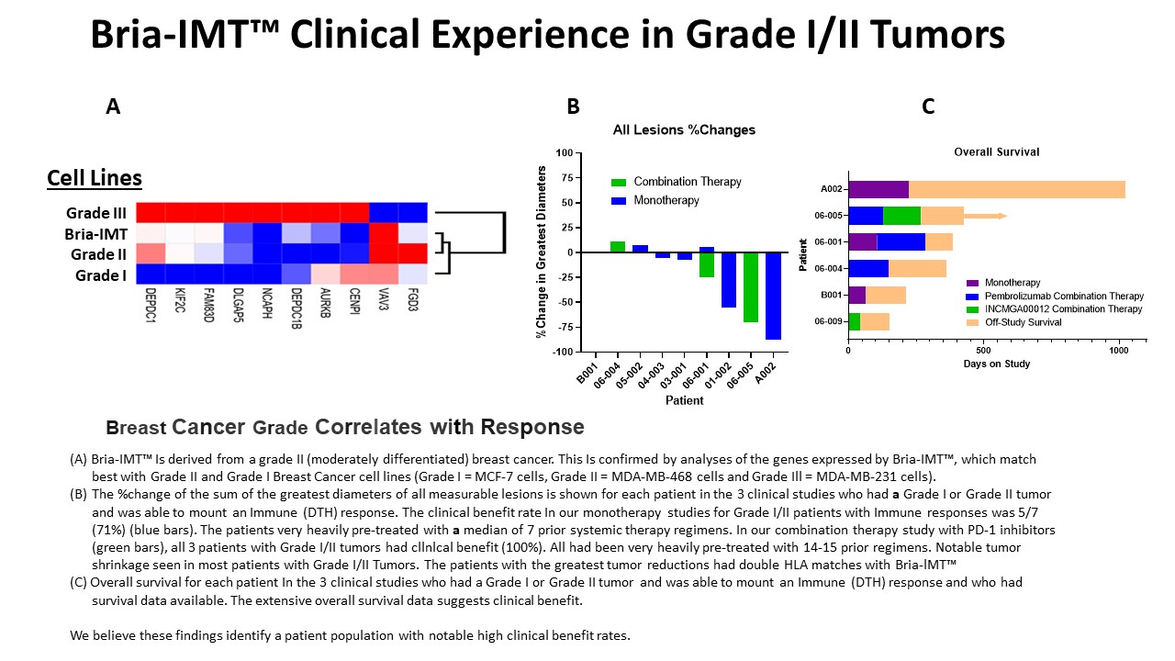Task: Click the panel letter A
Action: [113, 106]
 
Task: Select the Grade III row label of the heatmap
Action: [96, 213]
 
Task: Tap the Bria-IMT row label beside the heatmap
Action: [95, 233]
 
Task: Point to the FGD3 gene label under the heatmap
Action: [415, 303]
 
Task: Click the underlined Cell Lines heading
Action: [95, 177]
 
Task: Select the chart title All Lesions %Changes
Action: [684, 130]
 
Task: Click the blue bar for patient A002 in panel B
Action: [773, 296]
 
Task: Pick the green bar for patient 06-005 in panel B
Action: [751, 287]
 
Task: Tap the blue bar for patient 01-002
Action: [728, 280]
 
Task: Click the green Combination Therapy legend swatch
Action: [618, 182]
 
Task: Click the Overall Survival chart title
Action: [996, 151]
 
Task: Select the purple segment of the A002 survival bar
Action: [878, 189]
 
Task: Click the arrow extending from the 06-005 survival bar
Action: [986, 216]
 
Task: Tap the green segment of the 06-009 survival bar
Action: [854, 321]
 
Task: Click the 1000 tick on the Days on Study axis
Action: [1119, 350]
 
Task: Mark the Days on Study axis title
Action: [996, 364]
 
